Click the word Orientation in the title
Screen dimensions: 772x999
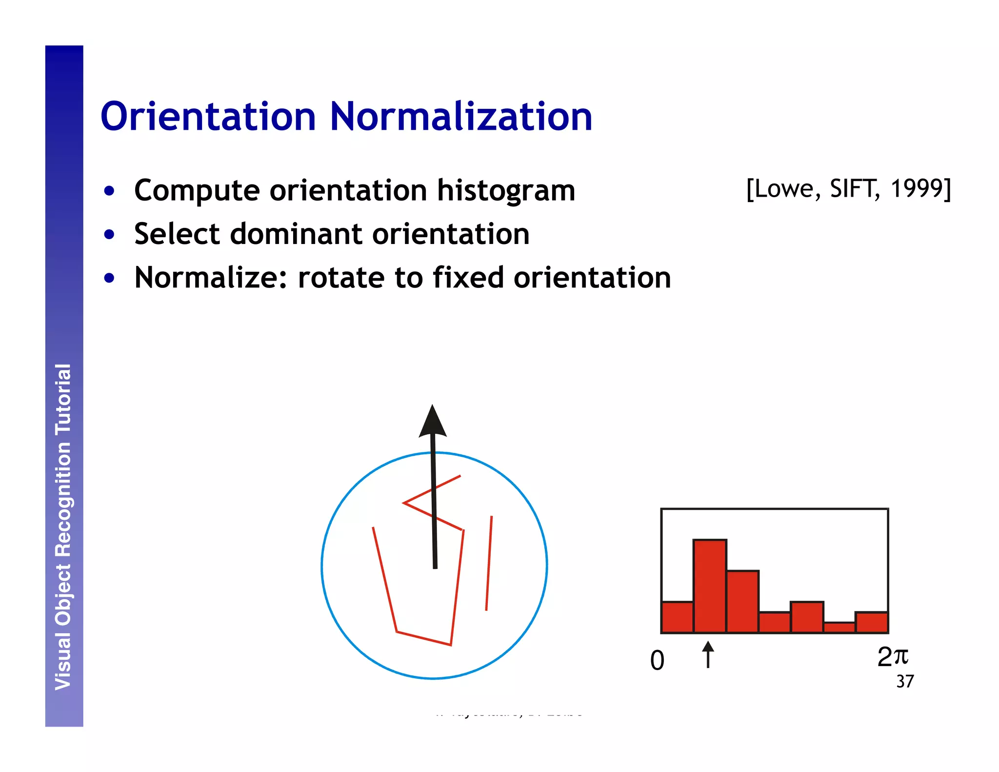pyautogui.click(x=208, y=117)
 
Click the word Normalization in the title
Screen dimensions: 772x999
pyautogui.click(x=460, y=117)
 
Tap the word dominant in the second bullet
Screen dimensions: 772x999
pyautogui.click(x=296, y=234)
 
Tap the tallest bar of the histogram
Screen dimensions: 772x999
pyautogui.click(x=710, y=586)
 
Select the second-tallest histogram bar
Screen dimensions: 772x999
pyautogui.click(x=742, y=601)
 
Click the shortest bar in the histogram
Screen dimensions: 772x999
pyautogui.click(x=839, y=627)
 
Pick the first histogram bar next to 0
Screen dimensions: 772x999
pyautogui.click(x=677, y=617)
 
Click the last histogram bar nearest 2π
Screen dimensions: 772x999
pyautogui.click(x=871, y=622)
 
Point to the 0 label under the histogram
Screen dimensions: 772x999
pyautogui.click(x=657, y=661)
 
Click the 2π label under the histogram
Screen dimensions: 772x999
pyautogui.click(x=892, y=657)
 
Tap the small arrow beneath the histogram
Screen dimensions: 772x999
pyautogui.click(x=708, y=655)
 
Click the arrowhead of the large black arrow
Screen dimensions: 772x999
pyautogui.click(x=432, y=423)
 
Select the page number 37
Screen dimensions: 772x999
pyautogui.click(x=905, y=682)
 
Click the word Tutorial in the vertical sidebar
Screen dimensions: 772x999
pyautogui.click(x=63, y=399)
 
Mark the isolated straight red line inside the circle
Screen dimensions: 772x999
pyautogui.click(x=489, y=563)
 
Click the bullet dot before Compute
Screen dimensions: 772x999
pyautogui.click(x=109, y=191)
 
